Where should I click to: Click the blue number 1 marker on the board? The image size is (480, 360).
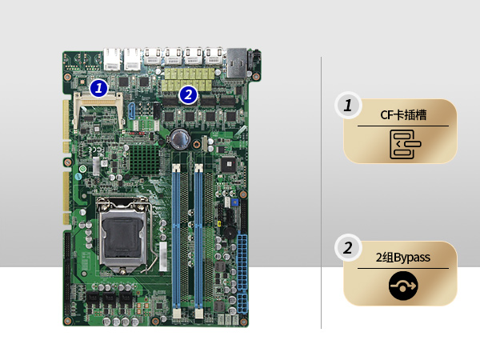click(x=98, y=88)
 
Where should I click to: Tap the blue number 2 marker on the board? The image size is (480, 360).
click(x=188, y=94)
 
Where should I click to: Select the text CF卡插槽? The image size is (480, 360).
click(x=403, y=115)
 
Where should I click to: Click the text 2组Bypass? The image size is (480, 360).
click(x=403, y=258)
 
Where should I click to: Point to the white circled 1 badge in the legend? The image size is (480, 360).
click(x=348, y=106)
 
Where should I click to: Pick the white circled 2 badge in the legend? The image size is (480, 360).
click(x=348, y=248)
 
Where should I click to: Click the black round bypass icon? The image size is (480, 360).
click(x=403, y=286)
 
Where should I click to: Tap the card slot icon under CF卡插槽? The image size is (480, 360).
click(x=405, y=144)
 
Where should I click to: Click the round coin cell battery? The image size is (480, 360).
click(x=180, y=138)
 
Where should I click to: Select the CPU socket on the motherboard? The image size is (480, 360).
click(x=122, y=235)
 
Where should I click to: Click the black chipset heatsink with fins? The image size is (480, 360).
click(x=144, y=160)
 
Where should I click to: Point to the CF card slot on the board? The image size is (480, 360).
click(x=98, y=111)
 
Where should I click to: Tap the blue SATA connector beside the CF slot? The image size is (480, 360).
click(x=132, y=111)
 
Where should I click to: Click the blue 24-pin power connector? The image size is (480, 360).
click(x=242, y=262)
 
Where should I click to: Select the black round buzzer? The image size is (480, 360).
click(x=230, y=233)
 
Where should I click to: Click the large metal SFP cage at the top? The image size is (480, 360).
click(x=236, y=62)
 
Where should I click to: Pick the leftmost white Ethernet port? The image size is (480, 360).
click(x=113, y=58)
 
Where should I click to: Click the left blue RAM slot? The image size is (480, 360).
click(x=176, y=238)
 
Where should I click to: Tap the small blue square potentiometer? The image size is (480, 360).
click(x=234, y=202)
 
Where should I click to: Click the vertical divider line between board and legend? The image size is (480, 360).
click(x=321, y=193)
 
